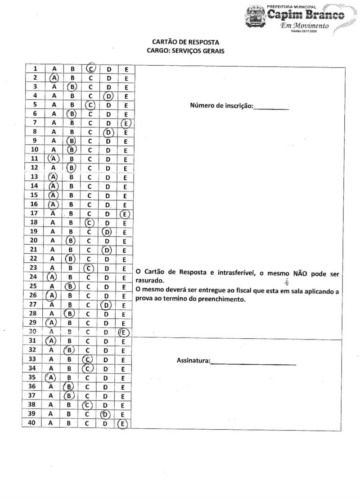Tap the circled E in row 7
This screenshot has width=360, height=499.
126,122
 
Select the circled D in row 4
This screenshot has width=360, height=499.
108,95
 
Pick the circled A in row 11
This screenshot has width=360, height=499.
54,159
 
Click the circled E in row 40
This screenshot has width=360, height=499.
122,423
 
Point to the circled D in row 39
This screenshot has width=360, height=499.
105,414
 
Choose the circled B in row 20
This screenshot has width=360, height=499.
71,240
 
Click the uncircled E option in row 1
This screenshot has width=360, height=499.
126,68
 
